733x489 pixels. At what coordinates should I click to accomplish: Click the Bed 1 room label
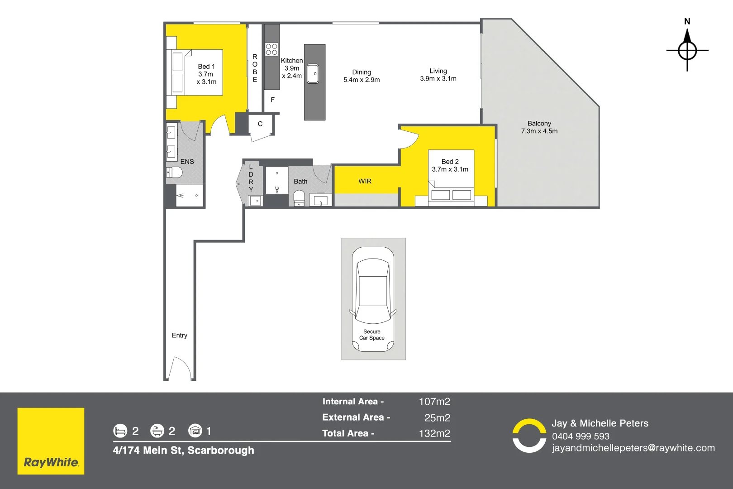[x=206, y=67]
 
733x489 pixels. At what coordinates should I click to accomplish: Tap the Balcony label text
[x=539, y=124]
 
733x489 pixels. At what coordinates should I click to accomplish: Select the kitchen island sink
[x=313, y=74]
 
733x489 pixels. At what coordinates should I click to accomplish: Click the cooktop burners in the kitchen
[x=271, y=49]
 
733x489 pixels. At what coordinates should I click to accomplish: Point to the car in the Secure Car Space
[x=373, y=299]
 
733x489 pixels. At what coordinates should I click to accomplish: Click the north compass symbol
[x=687, y=50]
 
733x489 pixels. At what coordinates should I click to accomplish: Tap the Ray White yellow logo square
[x=51, y=441]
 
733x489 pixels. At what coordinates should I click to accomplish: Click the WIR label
[x=365, y=181]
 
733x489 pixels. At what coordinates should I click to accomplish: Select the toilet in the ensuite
[x=175, y=172]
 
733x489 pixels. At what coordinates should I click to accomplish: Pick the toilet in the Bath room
[x=299, y=198]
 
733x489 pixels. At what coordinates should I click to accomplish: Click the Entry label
[x=179, y=336]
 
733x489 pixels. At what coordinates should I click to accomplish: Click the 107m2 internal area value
[x=434, y=402]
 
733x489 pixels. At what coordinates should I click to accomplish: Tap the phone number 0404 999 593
[x=581, y=436]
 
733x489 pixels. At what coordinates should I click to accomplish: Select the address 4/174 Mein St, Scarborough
[x=183, y=451]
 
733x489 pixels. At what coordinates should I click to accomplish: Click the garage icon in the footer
[x=195, y=431]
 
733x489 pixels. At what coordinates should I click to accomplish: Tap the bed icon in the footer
[x=120, y=431]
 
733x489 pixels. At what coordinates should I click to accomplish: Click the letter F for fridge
[x=272, y=100]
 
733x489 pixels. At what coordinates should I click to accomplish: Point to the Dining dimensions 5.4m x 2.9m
[x=362, y=80]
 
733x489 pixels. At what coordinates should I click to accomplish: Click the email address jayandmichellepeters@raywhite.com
[x=633, y=448]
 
